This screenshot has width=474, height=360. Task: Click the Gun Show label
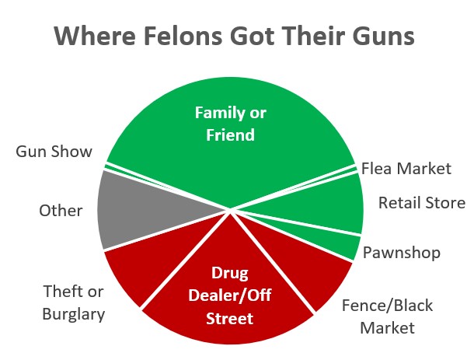tap(54, 151)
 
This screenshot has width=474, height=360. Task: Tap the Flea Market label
tap(406, 168)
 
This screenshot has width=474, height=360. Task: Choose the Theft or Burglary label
tap(75, 302)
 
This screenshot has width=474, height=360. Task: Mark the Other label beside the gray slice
tap(61, 211)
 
